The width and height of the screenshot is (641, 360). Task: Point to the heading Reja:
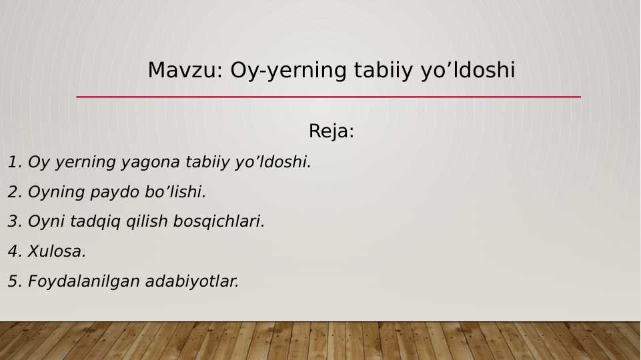(x=331, y=131)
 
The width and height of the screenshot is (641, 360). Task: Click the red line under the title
(x=328, y=97)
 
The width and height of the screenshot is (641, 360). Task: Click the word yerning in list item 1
(x=80, y=162)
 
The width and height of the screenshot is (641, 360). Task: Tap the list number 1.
(x=14, y=162)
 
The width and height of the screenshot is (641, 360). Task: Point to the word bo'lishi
(x=175, y=192)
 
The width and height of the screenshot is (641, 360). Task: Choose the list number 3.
(x=14, y=221)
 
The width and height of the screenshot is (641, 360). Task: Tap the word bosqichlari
(x=219, y=221)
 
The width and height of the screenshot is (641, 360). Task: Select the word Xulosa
(x=57, y=251)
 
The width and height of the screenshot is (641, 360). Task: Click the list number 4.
(x=14, y=251)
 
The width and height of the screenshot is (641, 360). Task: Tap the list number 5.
(x=14, y=281)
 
